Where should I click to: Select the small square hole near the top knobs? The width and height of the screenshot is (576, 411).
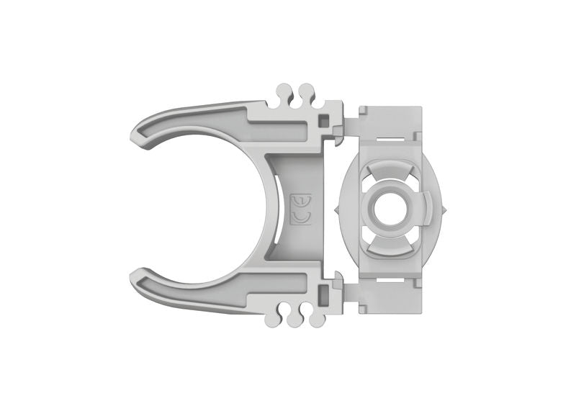tap(325, 117)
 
